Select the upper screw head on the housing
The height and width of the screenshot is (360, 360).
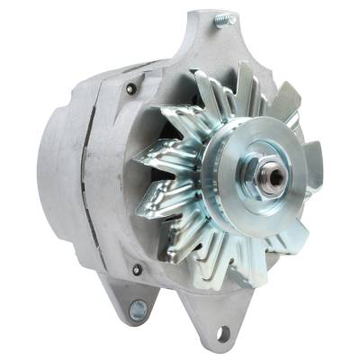[131, 88]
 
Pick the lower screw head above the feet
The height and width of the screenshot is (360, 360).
[137, 268]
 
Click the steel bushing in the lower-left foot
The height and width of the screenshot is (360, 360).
[138, 310]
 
